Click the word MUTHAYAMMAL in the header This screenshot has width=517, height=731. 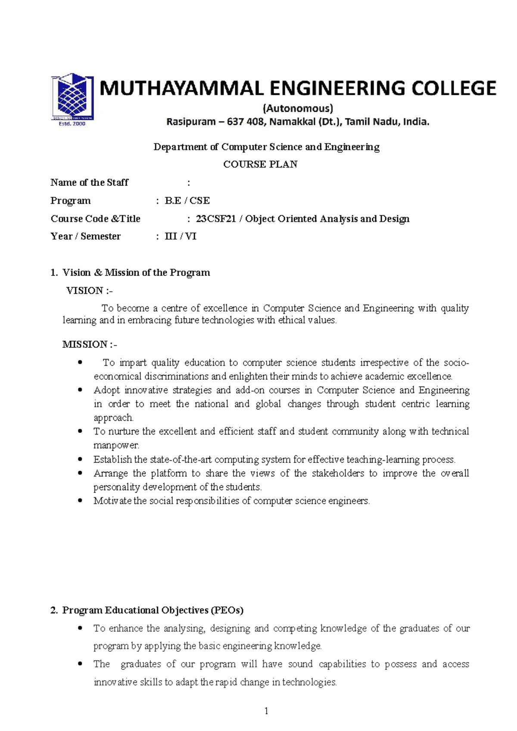coord(181,89)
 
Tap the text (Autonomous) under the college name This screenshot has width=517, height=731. coord(298,108)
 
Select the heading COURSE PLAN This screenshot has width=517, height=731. coord(260,164)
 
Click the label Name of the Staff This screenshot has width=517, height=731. coord(89,182)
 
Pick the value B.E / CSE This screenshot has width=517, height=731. coord(187,200)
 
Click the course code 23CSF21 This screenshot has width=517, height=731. coord(216,219)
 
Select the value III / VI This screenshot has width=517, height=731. coord(181,236)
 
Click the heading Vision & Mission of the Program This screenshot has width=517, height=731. coord(136,272)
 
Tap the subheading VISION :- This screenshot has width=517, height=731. coord(89,291)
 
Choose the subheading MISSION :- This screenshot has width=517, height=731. coord(90,344)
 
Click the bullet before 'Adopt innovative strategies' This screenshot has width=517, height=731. coord(80,390)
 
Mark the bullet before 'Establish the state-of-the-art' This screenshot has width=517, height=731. coord(80,459)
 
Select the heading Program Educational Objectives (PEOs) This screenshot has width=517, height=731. coord(153,610)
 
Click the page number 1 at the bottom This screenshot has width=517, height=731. coord(266,711)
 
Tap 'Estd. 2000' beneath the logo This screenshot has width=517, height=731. coord(72,124)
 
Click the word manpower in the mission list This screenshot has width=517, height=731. coord(115,445)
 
